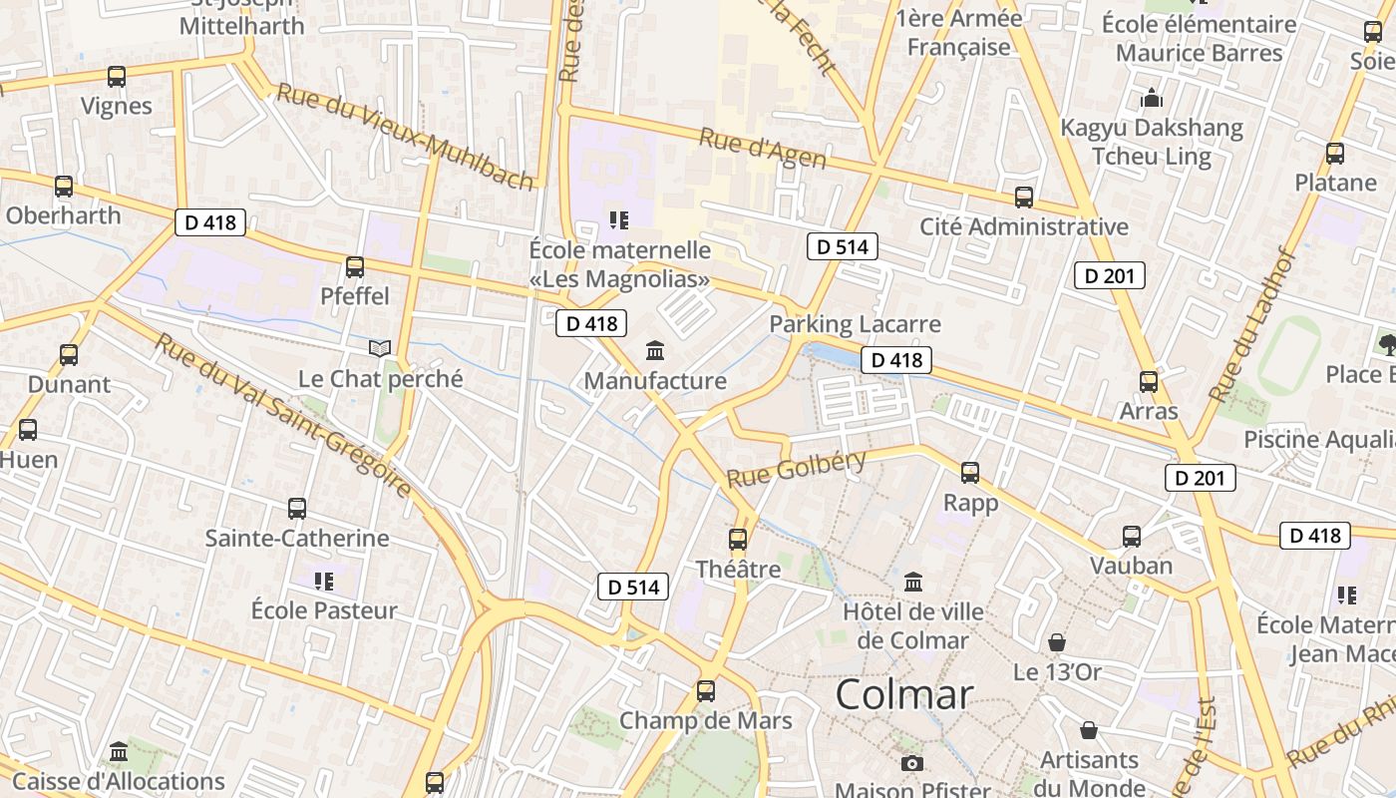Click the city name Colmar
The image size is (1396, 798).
[903, 694]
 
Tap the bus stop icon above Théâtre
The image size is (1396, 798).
[738, 540]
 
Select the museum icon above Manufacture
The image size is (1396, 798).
[655, 350]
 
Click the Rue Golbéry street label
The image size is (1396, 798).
[796, 468]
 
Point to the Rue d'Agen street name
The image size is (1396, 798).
[763, 149]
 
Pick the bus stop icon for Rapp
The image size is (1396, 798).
[970, 473]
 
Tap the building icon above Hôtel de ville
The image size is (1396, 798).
[913, 582]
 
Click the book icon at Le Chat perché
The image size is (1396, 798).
[379, 348]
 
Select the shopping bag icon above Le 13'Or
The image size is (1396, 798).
[1057, 642]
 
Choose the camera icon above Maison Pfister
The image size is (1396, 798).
[911, 764]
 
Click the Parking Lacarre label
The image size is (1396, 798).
[855, 324]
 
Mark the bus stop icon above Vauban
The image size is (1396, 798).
[1132, 537]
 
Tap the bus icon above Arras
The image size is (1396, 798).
[1149, 381]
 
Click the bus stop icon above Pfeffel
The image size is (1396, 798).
[355, 267]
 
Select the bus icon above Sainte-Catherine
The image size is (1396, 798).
[297, 509]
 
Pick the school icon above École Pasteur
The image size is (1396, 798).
[323, 581]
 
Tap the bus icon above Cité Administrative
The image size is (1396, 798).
[1024, 198]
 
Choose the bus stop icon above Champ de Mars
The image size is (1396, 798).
[706, 690]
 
